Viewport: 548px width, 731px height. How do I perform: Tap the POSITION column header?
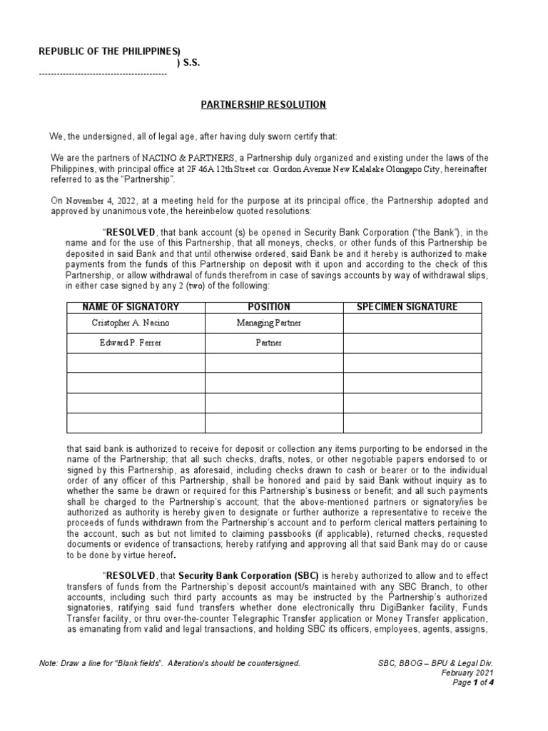(x=274, y=307)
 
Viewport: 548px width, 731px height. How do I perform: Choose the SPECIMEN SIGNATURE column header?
(x=412, y=307)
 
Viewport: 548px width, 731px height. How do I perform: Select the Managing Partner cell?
(x=274, y=323)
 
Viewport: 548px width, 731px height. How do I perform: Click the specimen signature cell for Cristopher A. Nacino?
(x=412, y=323)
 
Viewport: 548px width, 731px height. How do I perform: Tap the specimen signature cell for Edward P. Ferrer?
(x=412, y=343)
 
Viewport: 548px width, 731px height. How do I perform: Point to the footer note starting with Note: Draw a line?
(x=170, y=663)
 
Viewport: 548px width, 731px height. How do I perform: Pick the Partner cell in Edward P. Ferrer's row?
(x=274, y=343)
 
